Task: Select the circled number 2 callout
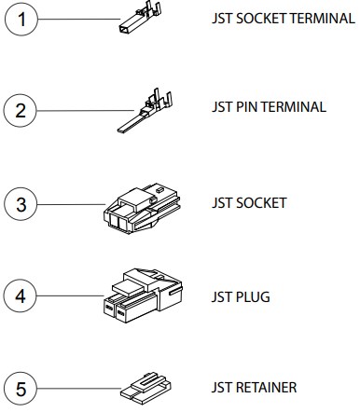(21, 111)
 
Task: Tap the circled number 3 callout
(21, 203)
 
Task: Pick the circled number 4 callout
(21, 298)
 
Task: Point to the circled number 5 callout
(21, 386)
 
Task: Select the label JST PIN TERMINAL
(269, 106)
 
